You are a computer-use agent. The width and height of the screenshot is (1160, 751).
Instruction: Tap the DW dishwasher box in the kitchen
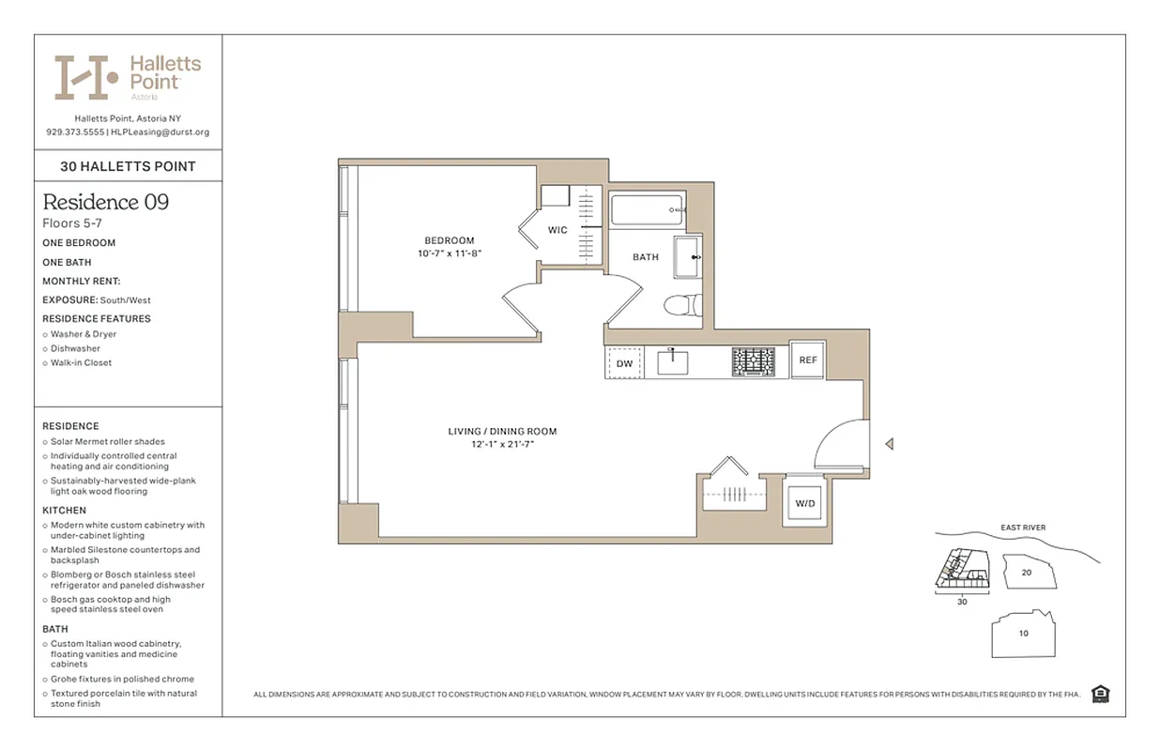point(624,362)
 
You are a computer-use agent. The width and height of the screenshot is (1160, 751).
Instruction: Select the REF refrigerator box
point(808,360)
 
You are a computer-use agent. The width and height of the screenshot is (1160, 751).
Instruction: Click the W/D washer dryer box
point(805,504)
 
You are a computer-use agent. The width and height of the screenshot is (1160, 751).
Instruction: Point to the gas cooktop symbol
point(754,361)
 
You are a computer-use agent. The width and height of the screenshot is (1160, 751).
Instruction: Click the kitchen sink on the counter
point(673,361)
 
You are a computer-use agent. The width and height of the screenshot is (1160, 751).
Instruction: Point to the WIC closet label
point(557,230)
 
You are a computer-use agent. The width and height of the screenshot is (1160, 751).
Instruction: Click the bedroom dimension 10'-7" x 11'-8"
point(450,253)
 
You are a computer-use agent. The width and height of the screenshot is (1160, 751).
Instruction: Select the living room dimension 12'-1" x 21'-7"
point(502,445)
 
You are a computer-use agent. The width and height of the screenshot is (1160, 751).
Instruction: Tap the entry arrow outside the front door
point(889,444)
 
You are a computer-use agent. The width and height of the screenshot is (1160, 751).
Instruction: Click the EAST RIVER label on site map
point(1022,528)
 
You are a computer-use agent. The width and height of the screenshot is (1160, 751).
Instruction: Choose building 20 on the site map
point(1026,572)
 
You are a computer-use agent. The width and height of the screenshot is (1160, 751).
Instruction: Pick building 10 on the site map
point(1023,633)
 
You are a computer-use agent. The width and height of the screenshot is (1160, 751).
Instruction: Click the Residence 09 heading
point(106,202)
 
